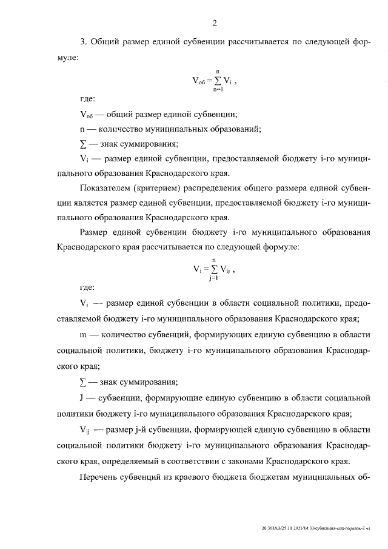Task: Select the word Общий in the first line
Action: (105, 41)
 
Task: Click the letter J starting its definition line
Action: (82, 398)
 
